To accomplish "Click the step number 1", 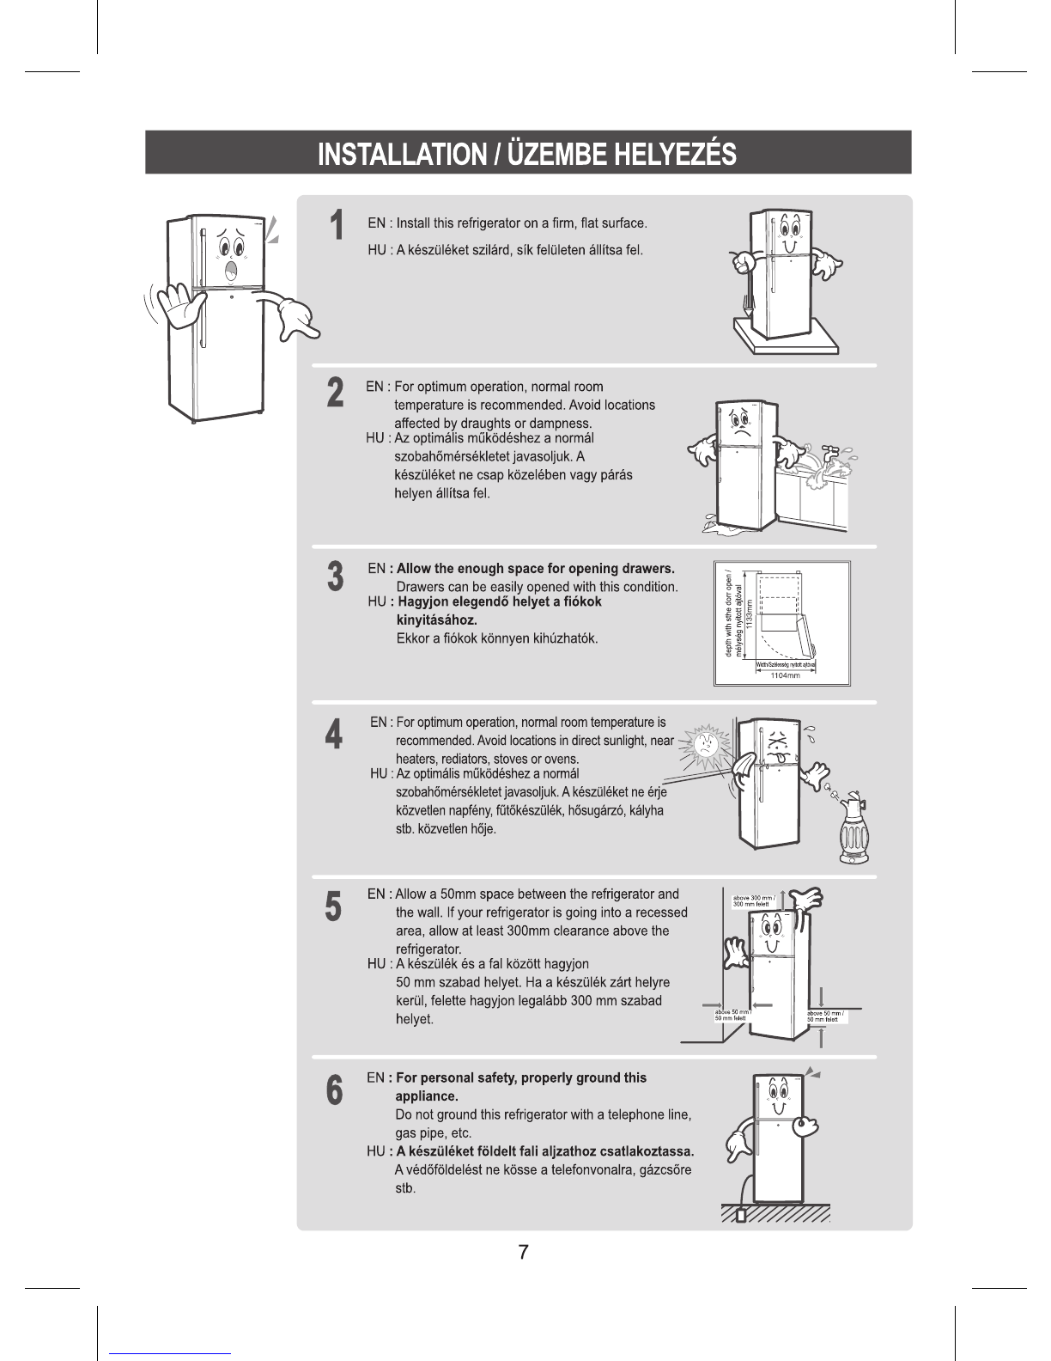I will tap(337, 226).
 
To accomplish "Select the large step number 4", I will tap(334, 735).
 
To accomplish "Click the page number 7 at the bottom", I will tap(523, 1252).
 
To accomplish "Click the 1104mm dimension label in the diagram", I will tap(784, 676).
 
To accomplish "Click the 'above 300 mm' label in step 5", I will tap(753, 901).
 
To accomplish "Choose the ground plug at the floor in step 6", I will tap(741, 1215).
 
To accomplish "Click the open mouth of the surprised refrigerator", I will tap(231, 272).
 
